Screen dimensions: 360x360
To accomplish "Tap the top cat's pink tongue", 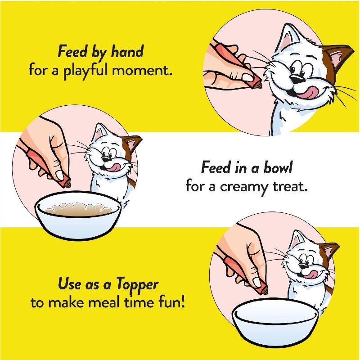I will click(306, 92).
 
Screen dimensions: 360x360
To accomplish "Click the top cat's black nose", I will click(294, 79).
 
